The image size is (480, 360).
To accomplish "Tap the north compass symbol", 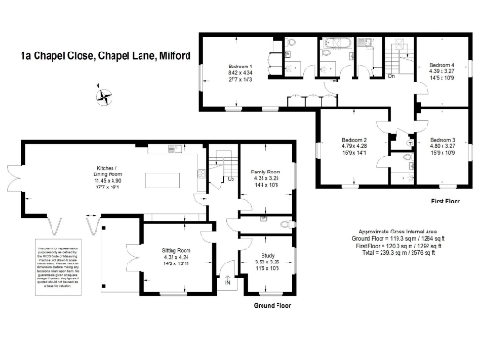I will (105, 95).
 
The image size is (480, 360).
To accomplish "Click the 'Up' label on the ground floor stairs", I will (231, 179).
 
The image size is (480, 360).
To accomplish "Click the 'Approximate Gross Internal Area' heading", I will (400, 232).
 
